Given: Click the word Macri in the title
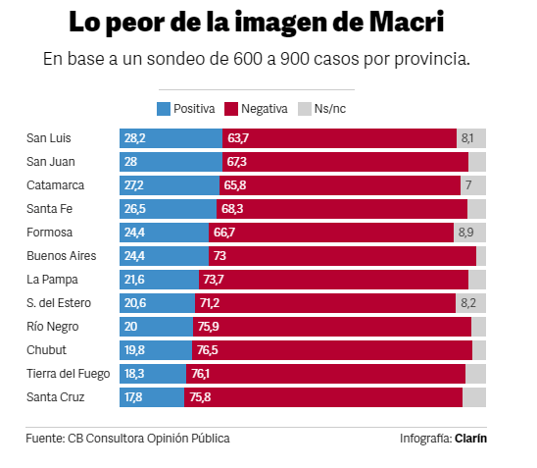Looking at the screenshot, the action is [407, 22].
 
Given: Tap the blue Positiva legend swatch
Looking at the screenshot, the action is [164, 109].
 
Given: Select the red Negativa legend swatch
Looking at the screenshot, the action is [231, 109].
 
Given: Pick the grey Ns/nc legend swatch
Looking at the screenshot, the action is [305, 109].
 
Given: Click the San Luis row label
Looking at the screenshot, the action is [49, 138].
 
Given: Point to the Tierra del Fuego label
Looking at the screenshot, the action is [69, 374].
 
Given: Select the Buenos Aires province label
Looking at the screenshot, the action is [62, 256].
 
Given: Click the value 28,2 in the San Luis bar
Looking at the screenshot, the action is [135, 138].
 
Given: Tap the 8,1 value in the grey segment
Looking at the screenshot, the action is [467, 138].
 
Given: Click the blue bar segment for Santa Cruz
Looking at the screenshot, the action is [152, 397].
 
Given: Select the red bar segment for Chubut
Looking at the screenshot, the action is [332, 350].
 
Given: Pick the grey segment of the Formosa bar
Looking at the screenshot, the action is [470, 233].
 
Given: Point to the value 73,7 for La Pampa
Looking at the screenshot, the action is [214, 280].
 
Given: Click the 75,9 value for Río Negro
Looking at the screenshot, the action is [208, 327].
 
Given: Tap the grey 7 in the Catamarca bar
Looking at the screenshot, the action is [468, 185].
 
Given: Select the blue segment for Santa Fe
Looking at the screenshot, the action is [168, 209].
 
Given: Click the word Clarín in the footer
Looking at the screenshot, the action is [471, 439].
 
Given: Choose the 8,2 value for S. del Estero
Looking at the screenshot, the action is [468, 303].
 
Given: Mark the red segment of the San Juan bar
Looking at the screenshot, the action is [345, 162].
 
